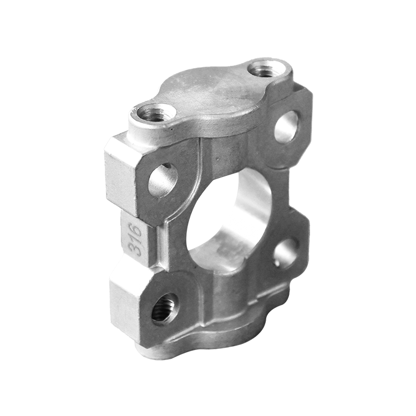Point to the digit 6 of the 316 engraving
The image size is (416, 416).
135,229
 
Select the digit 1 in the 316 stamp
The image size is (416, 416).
135,239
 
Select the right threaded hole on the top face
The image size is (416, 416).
266,68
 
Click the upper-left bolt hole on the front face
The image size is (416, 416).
163,180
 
